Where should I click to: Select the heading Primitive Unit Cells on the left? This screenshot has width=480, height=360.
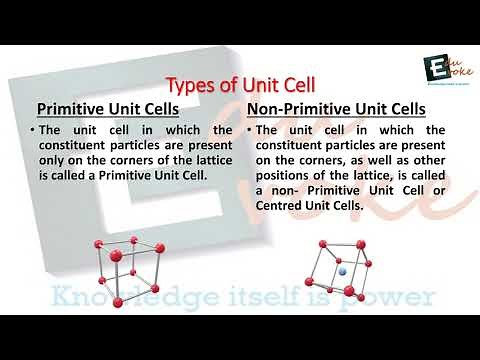(107, 108)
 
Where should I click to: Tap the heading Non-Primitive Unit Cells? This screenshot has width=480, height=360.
(335, 108)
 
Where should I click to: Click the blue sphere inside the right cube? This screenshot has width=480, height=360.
(342, 271)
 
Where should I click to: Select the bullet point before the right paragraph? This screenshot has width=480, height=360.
(249, 130)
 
